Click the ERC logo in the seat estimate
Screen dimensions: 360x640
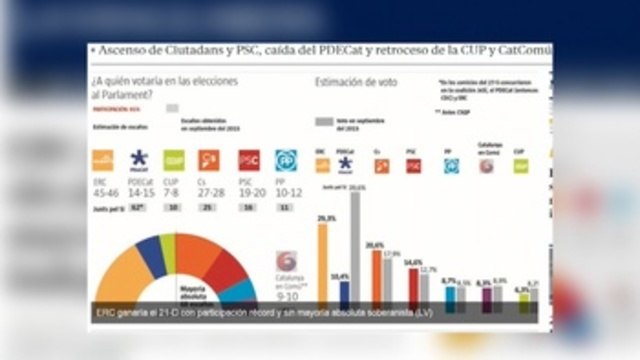click(102, 160)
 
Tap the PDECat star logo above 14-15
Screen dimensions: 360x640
click(139, 160)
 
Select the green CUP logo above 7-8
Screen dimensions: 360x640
click(174, 160)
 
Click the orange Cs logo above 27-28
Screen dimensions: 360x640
click(209, 160)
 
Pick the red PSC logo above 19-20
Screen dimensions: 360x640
click(249, 160)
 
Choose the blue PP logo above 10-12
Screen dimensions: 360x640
click(286, 160)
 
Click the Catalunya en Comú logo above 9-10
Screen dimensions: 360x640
click(287, 262)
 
